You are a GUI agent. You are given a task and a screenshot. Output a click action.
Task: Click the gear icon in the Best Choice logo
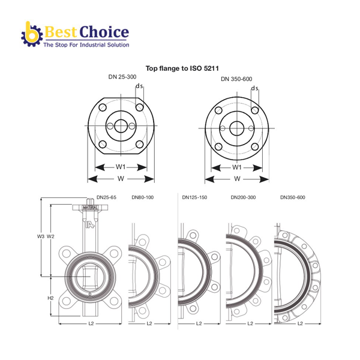[32, 34]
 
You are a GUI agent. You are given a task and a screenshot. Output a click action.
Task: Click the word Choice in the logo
[104, 32]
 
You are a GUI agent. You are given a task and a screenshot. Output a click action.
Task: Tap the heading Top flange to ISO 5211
[182, 68]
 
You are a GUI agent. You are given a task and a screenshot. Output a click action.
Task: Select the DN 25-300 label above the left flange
[122, 77]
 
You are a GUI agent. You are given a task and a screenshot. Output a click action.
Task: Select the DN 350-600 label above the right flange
[236, 79]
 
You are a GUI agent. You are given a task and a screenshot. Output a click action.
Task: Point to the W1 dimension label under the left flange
[121, 167]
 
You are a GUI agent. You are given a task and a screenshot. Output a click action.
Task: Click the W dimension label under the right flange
[237, 179]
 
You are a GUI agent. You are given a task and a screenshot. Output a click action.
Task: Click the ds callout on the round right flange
[254, 88]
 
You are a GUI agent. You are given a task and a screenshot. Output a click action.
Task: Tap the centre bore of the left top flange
[121, 126]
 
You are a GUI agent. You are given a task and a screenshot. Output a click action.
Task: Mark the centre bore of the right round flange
[237, 128]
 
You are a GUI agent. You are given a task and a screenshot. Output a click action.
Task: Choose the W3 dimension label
[41, 236]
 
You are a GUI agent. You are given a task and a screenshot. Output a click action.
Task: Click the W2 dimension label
[50, 236]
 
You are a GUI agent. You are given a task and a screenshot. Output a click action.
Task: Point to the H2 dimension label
[50, 298]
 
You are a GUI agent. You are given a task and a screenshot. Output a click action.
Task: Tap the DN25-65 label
[106, 197]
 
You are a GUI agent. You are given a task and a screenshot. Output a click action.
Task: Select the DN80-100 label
[143, 197]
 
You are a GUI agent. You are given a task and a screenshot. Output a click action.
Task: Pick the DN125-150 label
[194, 197]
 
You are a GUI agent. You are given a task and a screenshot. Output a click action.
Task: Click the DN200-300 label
[243, 197]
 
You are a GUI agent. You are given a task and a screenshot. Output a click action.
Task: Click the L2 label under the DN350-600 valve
[300, 323]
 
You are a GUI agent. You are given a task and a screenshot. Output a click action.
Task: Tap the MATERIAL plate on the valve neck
[90, 208]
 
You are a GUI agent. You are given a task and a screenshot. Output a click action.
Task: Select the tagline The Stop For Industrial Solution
[86, 45]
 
